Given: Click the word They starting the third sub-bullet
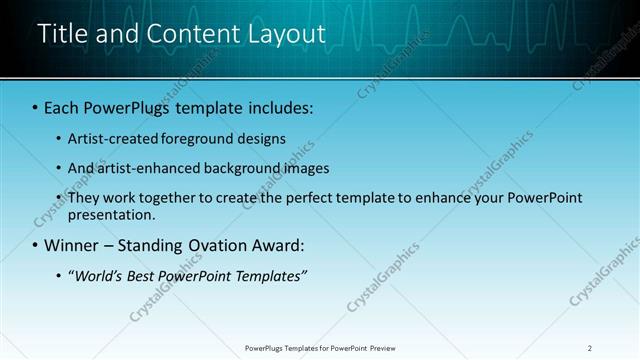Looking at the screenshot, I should point(84,198).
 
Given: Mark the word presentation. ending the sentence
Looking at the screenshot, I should point(112,214).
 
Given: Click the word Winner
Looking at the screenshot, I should point(74,245).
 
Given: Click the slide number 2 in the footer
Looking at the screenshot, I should point(590,348).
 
